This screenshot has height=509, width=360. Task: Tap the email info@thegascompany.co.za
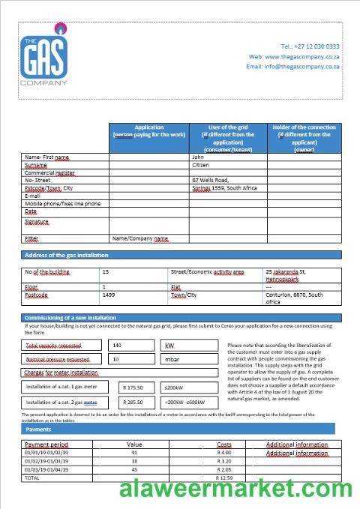click(292, 67)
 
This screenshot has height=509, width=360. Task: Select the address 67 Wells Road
click(211, 181)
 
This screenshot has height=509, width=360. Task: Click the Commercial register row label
click(50, 173)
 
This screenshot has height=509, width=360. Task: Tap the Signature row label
click(37, 222)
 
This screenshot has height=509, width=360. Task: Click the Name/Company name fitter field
click(140, 238)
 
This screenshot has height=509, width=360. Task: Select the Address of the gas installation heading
click(67, 256)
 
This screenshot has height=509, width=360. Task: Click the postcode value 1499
click(109, 295)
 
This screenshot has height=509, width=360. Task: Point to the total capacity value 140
click(116, 346)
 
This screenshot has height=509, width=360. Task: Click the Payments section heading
click(38, 430)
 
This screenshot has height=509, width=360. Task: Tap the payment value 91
click(134, 453)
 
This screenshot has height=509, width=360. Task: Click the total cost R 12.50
click(224, 478)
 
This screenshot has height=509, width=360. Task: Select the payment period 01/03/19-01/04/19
click(46, 469)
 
